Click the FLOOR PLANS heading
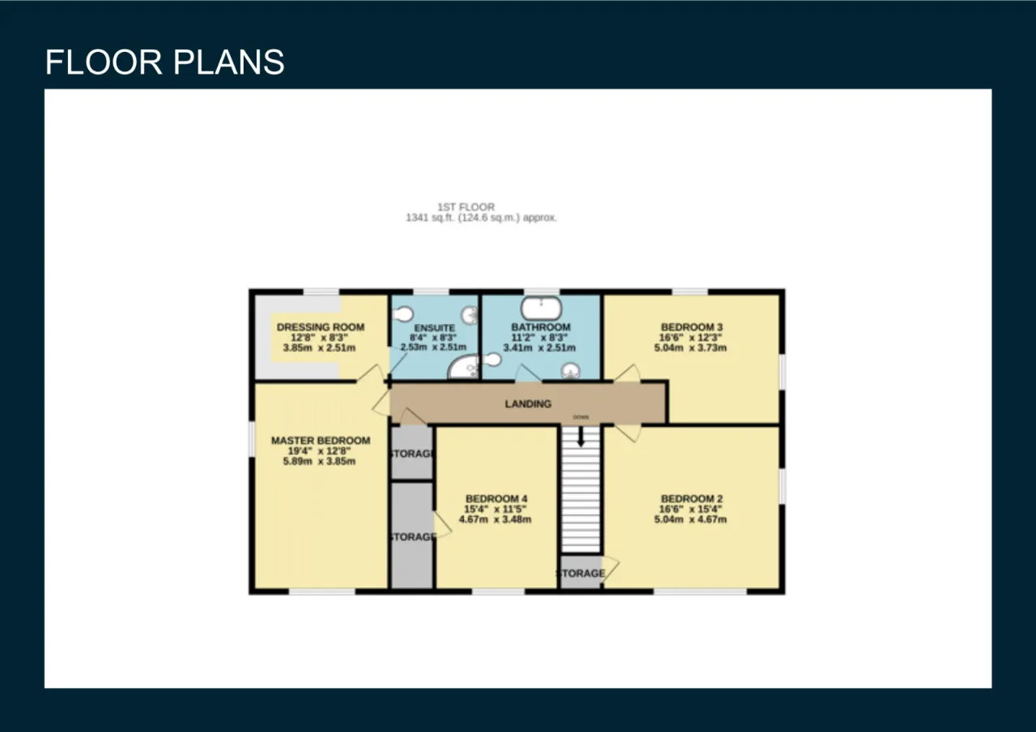164,62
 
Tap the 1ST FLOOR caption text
466,206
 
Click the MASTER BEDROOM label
321,440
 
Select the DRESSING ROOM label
321,327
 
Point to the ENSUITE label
435,328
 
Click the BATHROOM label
541,327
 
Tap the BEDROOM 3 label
691,327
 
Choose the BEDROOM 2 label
691,499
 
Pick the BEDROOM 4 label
496,499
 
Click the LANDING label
529,404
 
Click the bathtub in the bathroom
541,309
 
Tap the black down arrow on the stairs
581,436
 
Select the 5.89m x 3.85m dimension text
319,462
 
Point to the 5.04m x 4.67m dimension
690,519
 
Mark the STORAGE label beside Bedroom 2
581,573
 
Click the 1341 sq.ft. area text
481,218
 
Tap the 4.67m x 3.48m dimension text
495,519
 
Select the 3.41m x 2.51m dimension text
539,347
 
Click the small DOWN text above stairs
581,417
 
